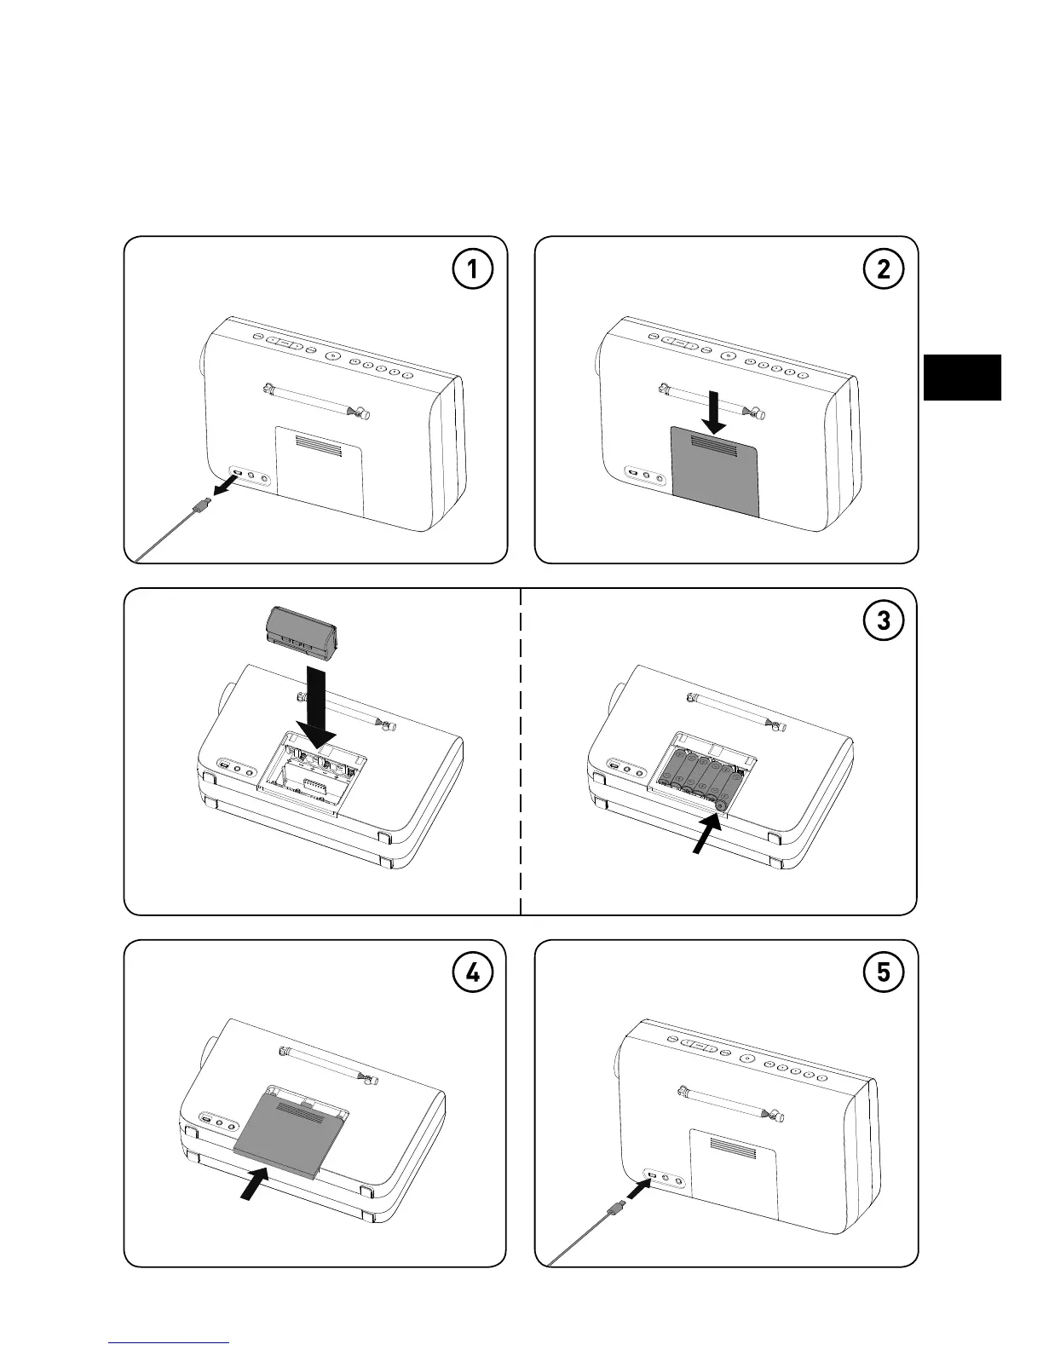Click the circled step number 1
coord(471,270)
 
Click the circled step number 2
coord(883,270)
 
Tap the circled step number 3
coord(883,621)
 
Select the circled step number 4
coord(471,973)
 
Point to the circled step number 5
coord(883,973)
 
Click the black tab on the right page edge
coord(961,378)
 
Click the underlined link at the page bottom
coord(169,1341)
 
